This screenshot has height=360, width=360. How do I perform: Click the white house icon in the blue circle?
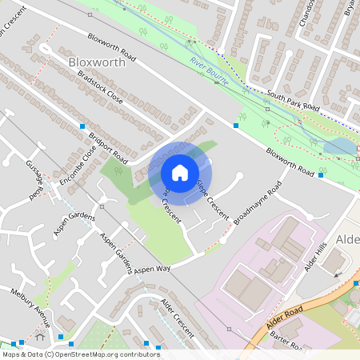[180, 172]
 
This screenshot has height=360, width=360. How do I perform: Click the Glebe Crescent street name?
[213, 199]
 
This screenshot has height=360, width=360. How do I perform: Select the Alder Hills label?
[316, 255]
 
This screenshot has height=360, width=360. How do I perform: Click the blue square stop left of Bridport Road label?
[82, 126]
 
